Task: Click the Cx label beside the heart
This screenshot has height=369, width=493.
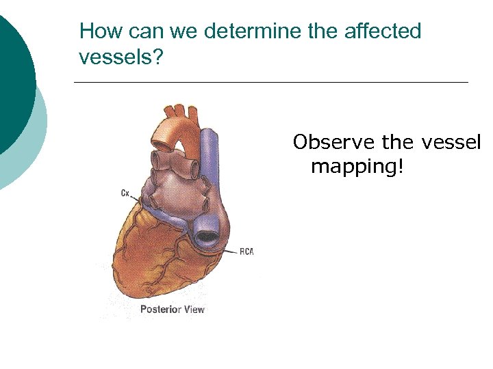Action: [125, 193]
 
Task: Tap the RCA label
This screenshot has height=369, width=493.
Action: [246, 251]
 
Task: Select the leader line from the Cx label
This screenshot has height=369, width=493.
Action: [137, 199]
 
